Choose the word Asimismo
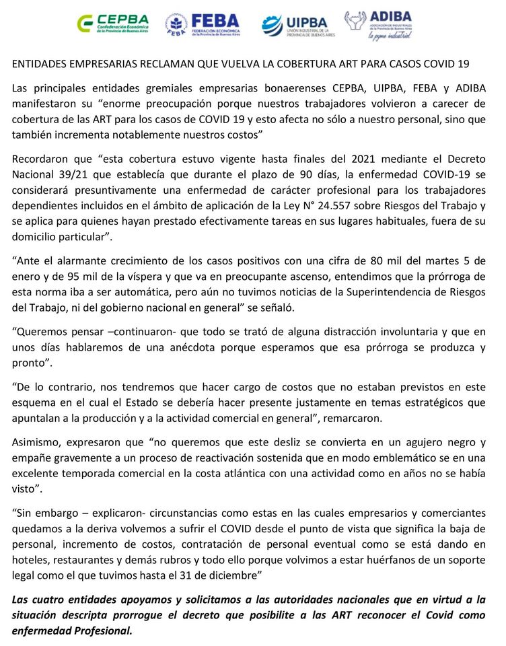click(36, 442)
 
